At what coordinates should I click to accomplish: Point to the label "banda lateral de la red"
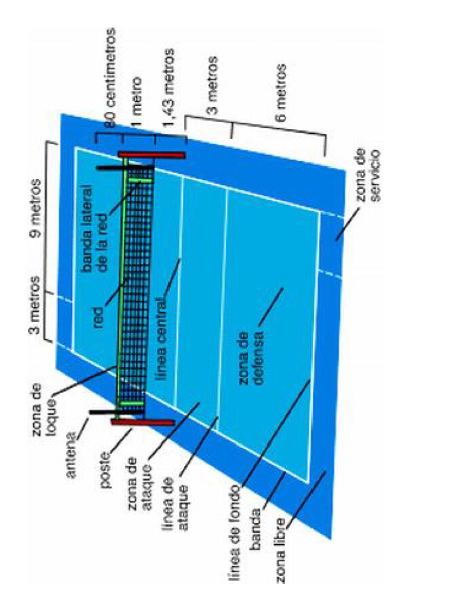(x=95, y=235)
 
